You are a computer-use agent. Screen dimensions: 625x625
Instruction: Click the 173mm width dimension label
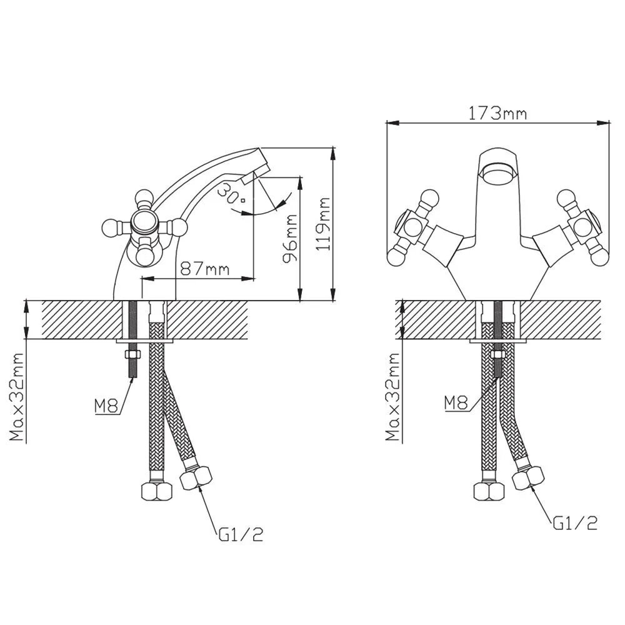coord(497,113)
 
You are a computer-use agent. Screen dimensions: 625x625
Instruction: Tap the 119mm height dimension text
coord(323,224)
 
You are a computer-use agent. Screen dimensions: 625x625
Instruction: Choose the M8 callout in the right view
coord(456,403)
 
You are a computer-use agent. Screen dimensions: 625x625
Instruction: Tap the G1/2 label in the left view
coord(241,534)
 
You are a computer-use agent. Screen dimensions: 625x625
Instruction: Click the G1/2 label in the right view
coord(575,523)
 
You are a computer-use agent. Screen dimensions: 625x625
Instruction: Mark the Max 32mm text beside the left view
coord(16,397)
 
